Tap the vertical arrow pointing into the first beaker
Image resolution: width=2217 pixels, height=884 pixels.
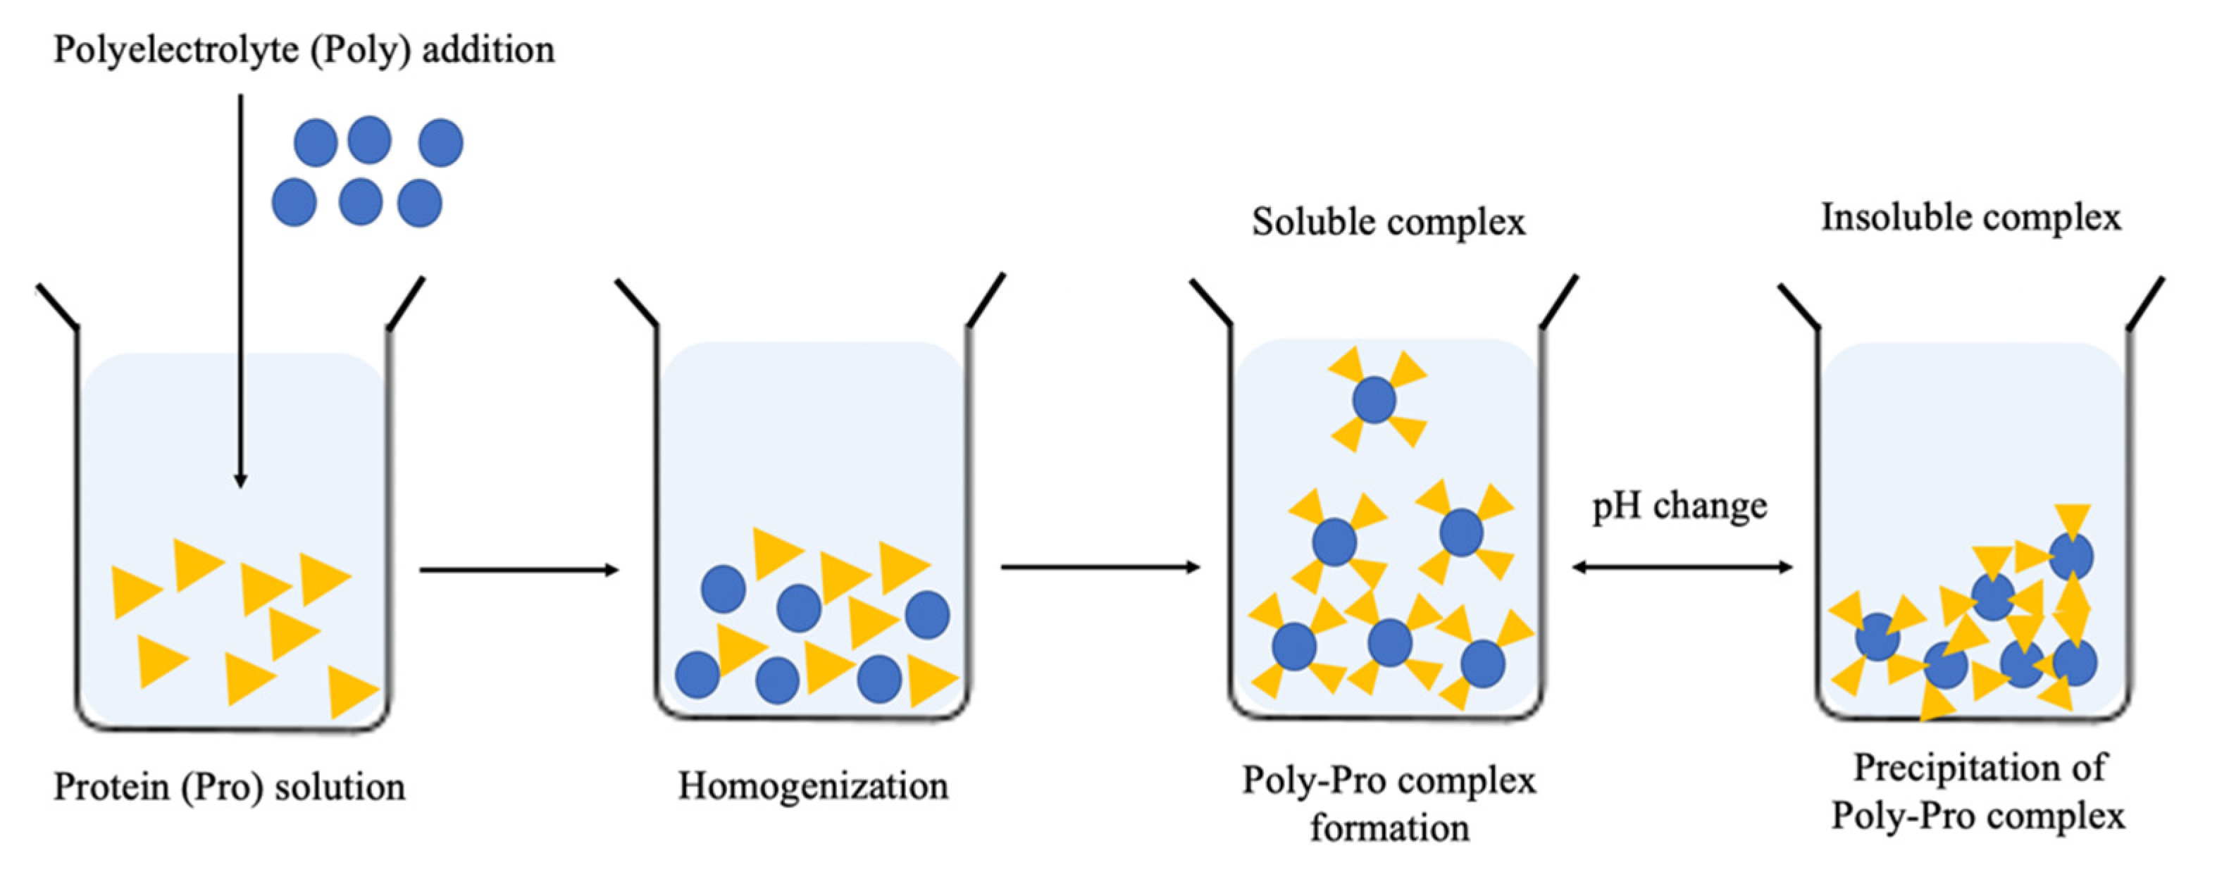(241, 292)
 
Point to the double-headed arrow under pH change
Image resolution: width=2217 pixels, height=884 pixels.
(1682, 567)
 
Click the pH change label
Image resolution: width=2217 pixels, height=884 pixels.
(1679, 506)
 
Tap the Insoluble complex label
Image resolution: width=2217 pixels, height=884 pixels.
(1971, 217)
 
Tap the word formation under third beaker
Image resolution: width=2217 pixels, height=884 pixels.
(1389, 828)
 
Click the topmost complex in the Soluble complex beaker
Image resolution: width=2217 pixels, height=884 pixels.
(1374, 400)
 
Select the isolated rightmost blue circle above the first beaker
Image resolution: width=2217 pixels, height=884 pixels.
(440, 143)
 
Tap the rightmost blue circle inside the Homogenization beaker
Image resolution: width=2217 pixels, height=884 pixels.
(928, 615)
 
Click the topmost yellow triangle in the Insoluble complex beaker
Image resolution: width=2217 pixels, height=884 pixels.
(2073, 520)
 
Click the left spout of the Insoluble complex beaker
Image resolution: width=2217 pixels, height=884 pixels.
(1799, 306)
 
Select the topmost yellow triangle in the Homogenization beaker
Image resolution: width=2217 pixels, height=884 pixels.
(776, 552)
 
